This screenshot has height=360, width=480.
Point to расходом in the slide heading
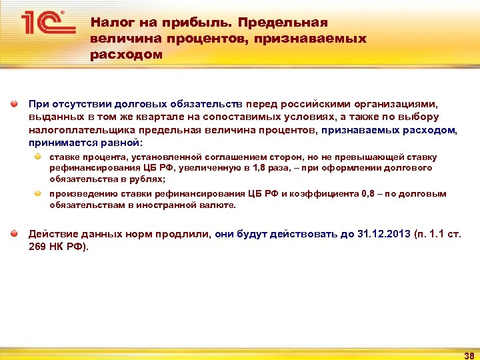(126, 55)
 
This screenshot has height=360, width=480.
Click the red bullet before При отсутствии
(13, 105)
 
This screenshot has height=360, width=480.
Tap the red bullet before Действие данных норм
(13, 234)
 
